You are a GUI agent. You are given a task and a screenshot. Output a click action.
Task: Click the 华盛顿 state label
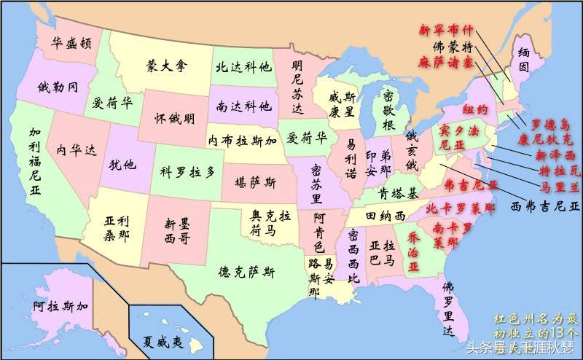[71, 42]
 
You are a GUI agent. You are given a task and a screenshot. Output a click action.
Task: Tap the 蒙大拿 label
[167, 66]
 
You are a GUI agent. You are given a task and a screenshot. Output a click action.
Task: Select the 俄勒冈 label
[58, 88]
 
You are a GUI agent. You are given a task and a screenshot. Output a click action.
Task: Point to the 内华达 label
[76, 150]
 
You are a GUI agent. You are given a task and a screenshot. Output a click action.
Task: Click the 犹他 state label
[122, 163]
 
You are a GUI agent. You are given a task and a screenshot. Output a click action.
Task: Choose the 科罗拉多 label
[189, 172]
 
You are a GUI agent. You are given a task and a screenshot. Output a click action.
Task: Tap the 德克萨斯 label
[247, 273]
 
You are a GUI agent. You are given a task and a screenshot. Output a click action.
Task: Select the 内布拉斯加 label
[242, 140]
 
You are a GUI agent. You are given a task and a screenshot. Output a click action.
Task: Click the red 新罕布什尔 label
[445, 31]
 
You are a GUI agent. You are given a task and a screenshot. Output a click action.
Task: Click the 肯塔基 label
[398, 193]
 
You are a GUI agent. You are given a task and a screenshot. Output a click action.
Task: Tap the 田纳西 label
[386, 216]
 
